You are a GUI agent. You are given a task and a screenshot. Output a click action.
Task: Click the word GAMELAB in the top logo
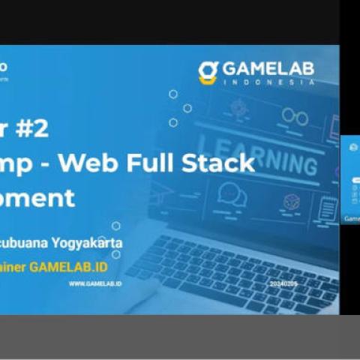point(268,69)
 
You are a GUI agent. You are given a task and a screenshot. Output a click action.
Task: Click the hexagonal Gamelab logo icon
point(208,72)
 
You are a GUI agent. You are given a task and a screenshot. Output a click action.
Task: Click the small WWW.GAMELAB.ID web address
point(95,284)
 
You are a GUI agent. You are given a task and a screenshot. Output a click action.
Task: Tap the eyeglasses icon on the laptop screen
point(293,117)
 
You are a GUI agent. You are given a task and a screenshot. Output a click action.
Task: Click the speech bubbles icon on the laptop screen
point(232,195)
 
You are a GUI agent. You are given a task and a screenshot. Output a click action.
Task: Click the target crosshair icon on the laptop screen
point(238,107)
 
